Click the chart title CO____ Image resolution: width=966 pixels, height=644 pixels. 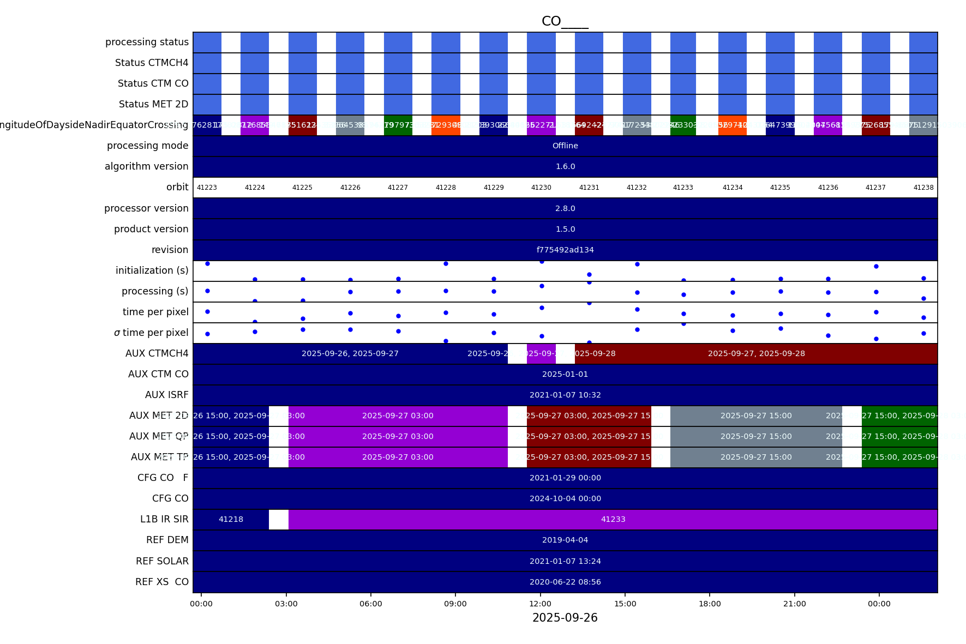point(565,21)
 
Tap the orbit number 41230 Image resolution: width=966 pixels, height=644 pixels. point(541,188)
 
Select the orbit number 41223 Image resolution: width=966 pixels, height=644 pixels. point(207,188)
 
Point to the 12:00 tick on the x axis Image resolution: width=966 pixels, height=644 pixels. point(540,604)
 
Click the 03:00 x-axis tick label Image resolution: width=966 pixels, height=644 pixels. point(286,604)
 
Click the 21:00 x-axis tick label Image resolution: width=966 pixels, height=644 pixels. point(794,604)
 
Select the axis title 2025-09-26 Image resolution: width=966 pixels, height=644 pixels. point(565,618)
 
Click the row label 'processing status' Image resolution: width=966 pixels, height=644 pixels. point(147,42)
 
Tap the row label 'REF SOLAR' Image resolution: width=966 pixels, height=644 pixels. point(162,561)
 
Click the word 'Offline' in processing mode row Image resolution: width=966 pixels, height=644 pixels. point(565,146)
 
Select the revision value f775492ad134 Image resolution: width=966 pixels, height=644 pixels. point(565,250)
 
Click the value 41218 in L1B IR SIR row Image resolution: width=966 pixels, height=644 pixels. point(231,519)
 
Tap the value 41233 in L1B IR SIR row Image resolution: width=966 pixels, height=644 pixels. point(613,519)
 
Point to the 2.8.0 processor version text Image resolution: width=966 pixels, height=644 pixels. point(565,208)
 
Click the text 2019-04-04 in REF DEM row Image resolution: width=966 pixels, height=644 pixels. point(565,540)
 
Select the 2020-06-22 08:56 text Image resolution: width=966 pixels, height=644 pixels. point(565,582)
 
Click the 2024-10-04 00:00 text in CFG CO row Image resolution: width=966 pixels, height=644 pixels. point(565,498)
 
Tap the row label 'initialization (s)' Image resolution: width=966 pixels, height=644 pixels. point(152,270)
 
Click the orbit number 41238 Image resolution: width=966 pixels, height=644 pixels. point(923,188)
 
